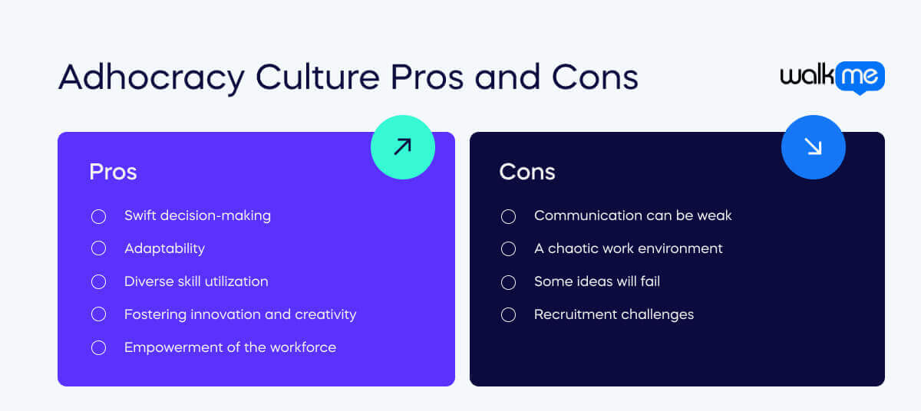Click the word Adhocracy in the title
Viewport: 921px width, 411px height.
coord(151,77)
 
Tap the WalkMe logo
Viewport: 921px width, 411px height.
coord(832,77)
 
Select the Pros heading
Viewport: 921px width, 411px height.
coord(113,172)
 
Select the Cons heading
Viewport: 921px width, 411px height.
coord(527,172)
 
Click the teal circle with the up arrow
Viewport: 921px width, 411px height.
coord(402,147)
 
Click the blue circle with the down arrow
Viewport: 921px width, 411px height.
coord(813,147)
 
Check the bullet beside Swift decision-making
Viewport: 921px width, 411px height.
coord(98,216)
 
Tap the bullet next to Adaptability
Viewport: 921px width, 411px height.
coord(98,248)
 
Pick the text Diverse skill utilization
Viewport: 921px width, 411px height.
coord(196,281)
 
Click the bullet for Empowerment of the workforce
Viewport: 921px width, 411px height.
coord(98,347)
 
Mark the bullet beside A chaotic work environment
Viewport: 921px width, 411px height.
coord(508,248)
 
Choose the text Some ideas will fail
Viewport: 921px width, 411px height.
coord(596,281)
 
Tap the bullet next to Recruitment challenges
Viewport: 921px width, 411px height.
coord(508,314)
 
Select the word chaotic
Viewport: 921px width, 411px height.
coord(575,248)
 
